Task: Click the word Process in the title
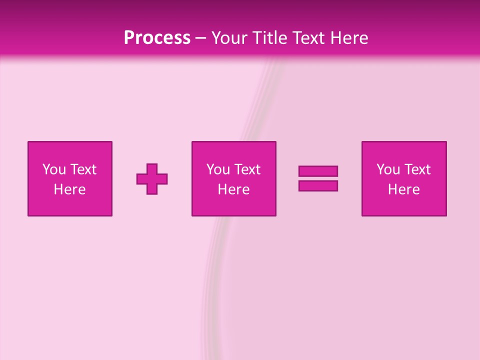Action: click(x=157, y=37)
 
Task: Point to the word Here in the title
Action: click(x=350, y=37)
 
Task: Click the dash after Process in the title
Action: click(x=201, y=38)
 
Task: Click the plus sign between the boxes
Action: click(x=152, y=178)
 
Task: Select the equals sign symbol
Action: click(x=318, y=178)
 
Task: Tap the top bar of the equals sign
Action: click(x=318, y=171)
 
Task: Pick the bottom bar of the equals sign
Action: click(x=318, y=185)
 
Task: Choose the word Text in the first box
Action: click(x=83, y=169)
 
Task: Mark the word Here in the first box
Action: click(x=70, y=189)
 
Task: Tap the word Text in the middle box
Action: click(x=247, y=169)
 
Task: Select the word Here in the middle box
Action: click(x=234, y=189)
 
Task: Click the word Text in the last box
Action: click(x=417, y=169)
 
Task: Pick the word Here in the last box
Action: click(x=404, y=189)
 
